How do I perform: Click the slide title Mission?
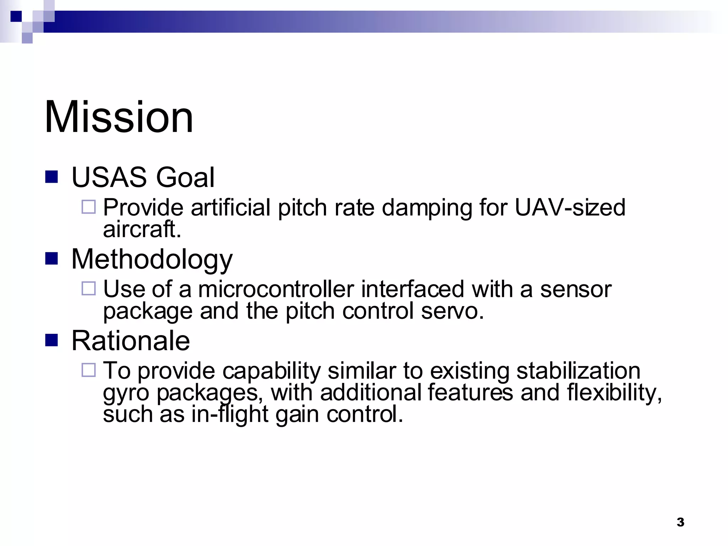[x=119, y=117]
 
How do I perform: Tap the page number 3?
[x=680, y=522]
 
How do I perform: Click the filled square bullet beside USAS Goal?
[x=52, y=177]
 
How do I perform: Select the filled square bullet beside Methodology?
[x=52, y=258]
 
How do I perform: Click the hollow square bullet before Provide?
[x=89, y=207]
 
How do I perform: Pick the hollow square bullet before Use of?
[x=89, y=288]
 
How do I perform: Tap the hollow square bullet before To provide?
[x=89, y=370]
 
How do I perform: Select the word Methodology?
[x=152, y=259]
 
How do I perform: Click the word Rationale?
[x=130, y=341]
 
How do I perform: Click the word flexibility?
[x=614, y=393]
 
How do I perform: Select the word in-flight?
[x=230, y=414]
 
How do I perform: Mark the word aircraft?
[x=142, y=229]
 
